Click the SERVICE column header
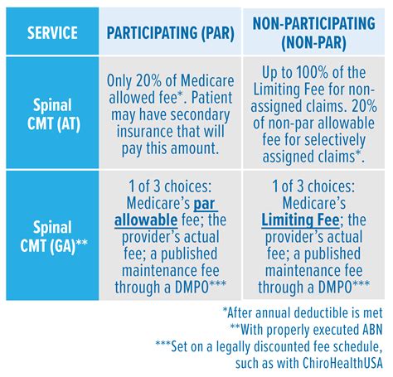tap(52, 32)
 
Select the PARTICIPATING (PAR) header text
tap(171, 33)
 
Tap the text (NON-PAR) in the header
tap(313, 43)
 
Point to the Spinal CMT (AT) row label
tap(53, 114)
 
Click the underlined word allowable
tap(146, 220)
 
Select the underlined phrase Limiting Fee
tap(300, 220)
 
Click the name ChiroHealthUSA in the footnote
tap(342, 363)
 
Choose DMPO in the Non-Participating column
tap(335, 288)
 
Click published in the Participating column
tap(189, 254)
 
